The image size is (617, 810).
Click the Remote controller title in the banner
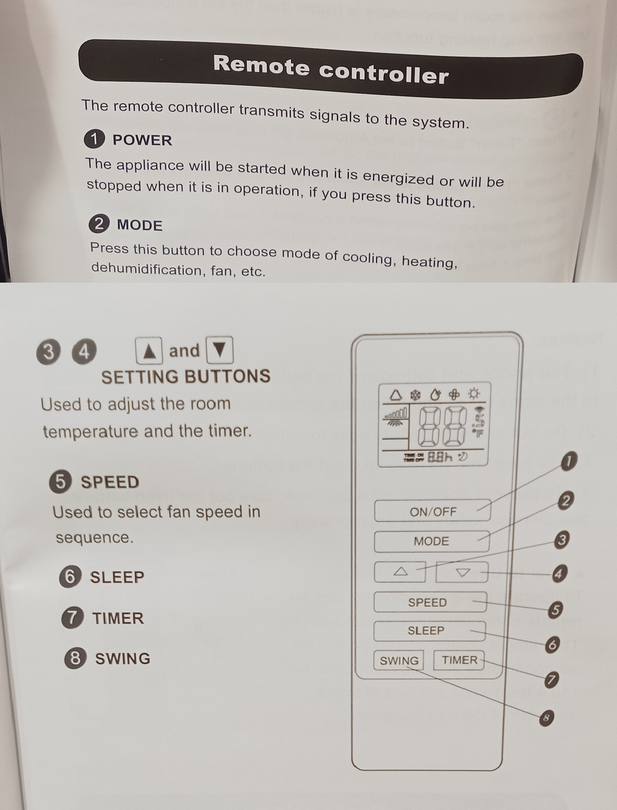click(x=330, y=69)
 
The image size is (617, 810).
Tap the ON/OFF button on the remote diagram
click(x=433, y=512)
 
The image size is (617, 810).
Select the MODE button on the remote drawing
click(x=431, y=541)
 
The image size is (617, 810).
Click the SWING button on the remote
click(x=399, y=660)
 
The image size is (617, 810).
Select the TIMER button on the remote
click(x=460, y=660)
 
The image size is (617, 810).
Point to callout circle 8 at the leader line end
click(x=546, y=718)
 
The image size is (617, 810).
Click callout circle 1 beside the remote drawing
click(x=568, y=461)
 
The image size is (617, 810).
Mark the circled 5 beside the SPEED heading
click(x=60, y=482)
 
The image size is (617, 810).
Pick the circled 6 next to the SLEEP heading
click(x=70, y=576)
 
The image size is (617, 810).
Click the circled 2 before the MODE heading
click(x=99, y=224)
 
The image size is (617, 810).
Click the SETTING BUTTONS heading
click(x=186, y=377)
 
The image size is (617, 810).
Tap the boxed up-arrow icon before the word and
click(x=149, y=351)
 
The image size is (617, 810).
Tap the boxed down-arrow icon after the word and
click(x=220, y=350)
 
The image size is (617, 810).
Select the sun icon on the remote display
click(x=474, y=394)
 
